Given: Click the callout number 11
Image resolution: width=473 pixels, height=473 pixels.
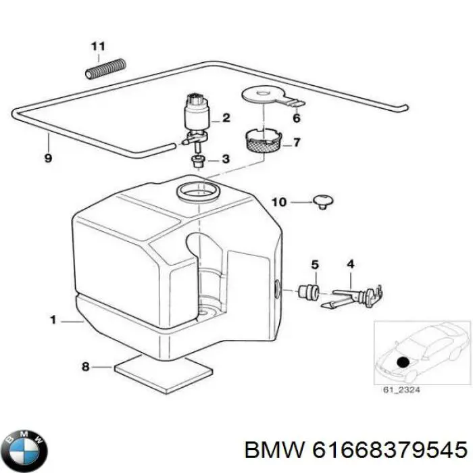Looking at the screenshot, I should point(98,47).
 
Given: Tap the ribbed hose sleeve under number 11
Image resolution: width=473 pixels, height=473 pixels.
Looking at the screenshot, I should point(104,68).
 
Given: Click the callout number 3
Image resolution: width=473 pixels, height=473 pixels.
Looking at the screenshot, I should point(226,160).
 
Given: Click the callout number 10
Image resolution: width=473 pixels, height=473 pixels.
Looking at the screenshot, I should point(280,201).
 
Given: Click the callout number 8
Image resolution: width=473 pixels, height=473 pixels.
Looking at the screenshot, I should point(85,368).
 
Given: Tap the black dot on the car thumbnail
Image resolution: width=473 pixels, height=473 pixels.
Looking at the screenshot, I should point(403,362).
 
